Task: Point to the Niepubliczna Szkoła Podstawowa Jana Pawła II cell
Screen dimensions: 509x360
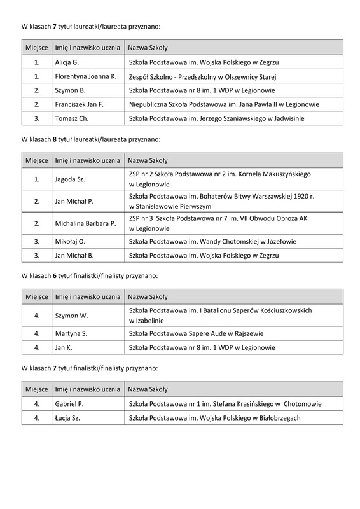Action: point(224,104)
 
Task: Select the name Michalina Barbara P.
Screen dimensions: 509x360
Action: point(85,223)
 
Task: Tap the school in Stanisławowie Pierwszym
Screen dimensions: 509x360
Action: point(217,202)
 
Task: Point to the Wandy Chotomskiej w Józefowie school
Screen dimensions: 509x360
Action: point(212,242)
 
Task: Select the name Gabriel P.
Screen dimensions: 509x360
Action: point(72,404)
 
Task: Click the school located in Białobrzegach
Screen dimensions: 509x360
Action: point(214,418)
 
